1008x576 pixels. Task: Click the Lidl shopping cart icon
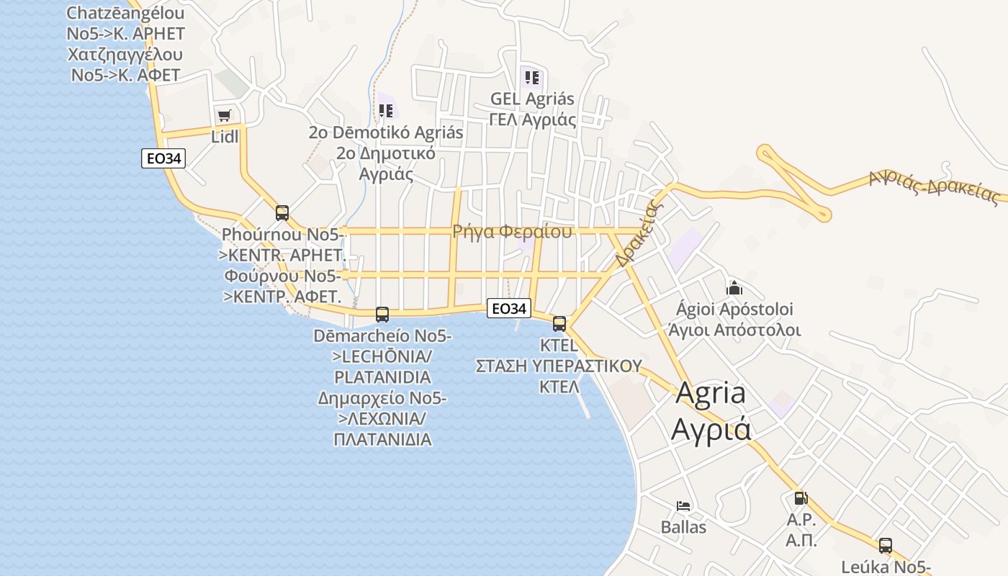point(225,115)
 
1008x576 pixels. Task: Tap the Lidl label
point(225,136)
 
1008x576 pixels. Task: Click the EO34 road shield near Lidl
point(163,158)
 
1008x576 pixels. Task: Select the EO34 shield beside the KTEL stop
point(509,309)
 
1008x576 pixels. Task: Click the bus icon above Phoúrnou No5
point(282,213)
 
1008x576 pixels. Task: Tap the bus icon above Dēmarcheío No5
point(382,315)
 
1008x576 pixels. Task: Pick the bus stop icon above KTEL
point(559,324)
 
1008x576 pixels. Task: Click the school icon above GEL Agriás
point(532,78)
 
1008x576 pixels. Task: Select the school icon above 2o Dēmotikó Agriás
point(386,111)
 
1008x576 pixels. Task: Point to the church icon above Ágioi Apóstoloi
point(734,289)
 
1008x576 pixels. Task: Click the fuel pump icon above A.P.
point(801,498)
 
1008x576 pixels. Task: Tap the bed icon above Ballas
point(683,506)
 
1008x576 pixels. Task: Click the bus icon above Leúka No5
point(886,546)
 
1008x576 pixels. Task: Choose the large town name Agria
point(711,393)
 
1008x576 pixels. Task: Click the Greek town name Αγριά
point(711,429)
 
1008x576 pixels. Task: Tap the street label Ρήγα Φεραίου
point(512,232)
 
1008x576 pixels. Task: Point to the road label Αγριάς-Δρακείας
point(934,186)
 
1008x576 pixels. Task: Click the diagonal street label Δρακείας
point(638,233)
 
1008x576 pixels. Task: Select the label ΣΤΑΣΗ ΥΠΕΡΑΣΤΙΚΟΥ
point(559,366)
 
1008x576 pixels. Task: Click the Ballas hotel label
point(683,527)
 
